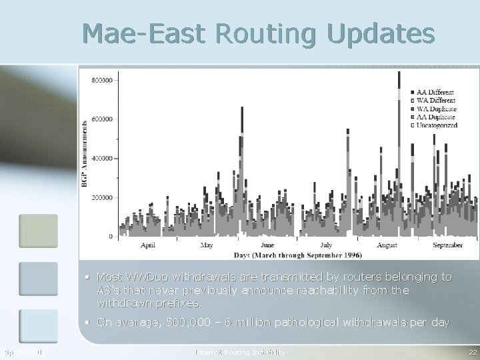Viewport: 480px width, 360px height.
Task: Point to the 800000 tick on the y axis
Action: coord(101,80)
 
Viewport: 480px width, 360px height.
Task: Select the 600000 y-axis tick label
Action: coord(101,119)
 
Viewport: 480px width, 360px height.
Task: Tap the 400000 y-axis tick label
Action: coord(101,159)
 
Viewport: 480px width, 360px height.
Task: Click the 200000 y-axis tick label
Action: coord(101,198)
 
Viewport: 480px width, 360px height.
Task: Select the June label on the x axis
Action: coord(266,245)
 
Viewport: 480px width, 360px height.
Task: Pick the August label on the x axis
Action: coord(387,245)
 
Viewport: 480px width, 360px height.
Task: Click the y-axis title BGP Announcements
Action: coord(85,153)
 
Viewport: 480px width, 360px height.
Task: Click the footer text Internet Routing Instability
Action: coord(240,351)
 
